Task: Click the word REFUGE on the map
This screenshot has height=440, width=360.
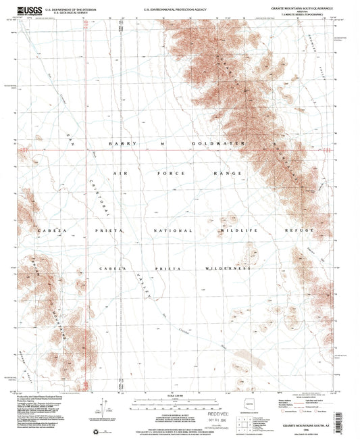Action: point(303,231)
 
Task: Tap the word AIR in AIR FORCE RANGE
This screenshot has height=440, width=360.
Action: point(122,174)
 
